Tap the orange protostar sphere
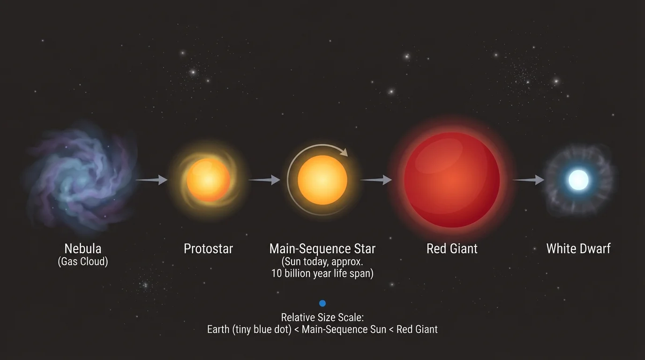click(208, 180)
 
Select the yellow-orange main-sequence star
click(322, 180)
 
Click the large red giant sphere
click(452, 180)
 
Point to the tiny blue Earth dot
click(322, 303)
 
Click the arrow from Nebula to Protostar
click(151, 180)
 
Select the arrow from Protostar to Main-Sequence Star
click(264, 180)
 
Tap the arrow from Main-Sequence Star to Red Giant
click(376, 180)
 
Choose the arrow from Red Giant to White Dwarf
click(528, 180)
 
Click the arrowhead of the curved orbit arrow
click(345, 152)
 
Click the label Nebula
click(83, 248)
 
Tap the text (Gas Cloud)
click(83, 262)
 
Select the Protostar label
click(208, 248)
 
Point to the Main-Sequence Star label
click(322, 248)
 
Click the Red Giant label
click(452, 248)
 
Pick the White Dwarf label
click(578, 248)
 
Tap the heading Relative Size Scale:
click(322, 317)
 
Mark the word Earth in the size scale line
click(218, 329)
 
